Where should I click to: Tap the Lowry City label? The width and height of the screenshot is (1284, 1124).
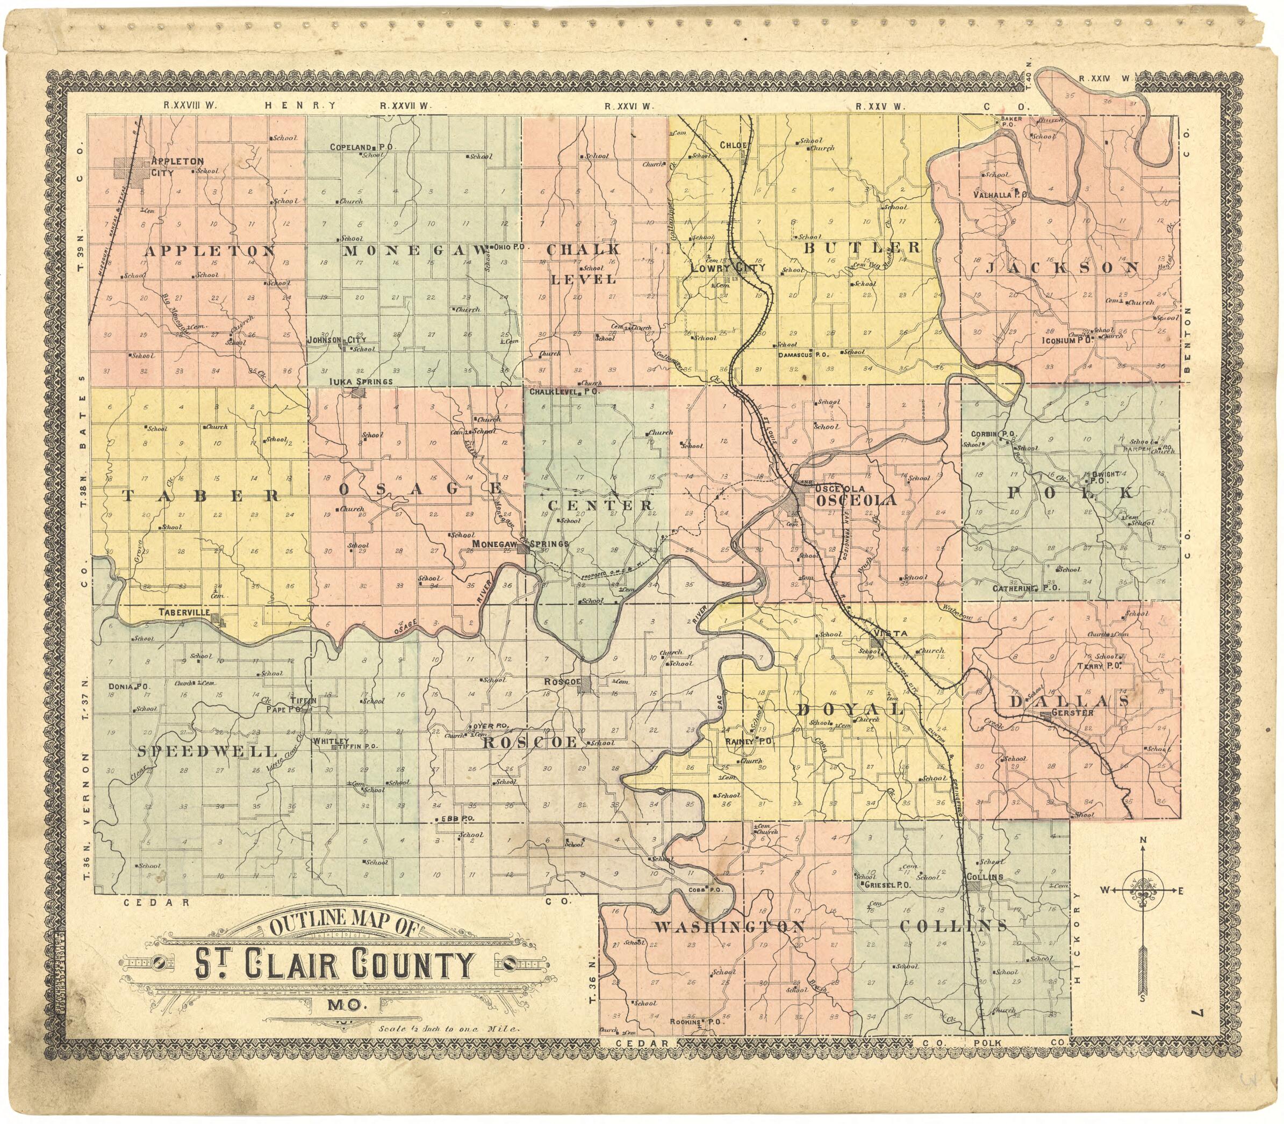pos(728,267)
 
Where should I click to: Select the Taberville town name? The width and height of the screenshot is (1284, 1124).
pos(183,611)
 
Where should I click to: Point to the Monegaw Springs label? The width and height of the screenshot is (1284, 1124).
pos(520,544)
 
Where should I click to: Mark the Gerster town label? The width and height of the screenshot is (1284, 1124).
pos(1072,712)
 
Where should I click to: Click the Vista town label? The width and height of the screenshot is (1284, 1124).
pos(891,633)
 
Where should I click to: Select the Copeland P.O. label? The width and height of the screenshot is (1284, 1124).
pos(362,147)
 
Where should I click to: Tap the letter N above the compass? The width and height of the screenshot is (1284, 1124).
pos(1143,840)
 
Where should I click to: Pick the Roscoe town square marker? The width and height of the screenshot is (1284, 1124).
pos(584,685)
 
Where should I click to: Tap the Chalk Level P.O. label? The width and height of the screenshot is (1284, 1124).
pos(564,391)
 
